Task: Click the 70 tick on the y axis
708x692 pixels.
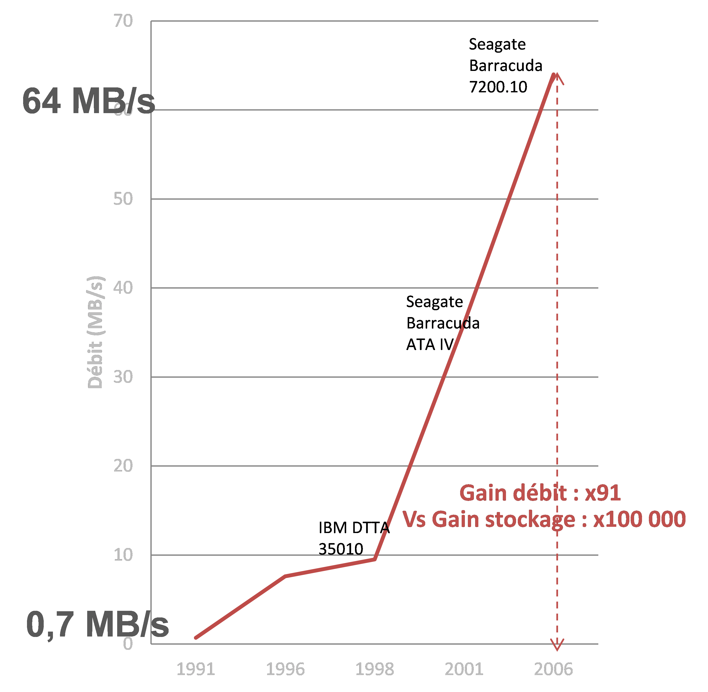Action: (123, 21)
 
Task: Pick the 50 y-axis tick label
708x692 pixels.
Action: (123, 199)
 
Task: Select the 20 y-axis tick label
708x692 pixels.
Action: (123, 466)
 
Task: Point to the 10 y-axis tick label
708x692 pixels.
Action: (123, 555)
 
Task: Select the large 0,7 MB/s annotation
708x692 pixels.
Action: (97, 625)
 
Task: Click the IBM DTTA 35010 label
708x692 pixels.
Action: (354, 538)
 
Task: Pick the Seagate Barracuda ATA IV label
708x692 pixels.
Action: (442, 323)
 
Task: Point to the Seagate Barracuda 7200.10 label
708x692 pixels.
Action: (505, 65)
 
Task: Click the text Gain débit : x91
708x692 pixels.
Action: (540, 493)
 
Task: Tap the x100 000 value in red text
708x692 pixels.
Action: (639, 519)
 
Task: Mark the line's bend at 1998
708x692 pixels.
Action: (375, 559)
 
